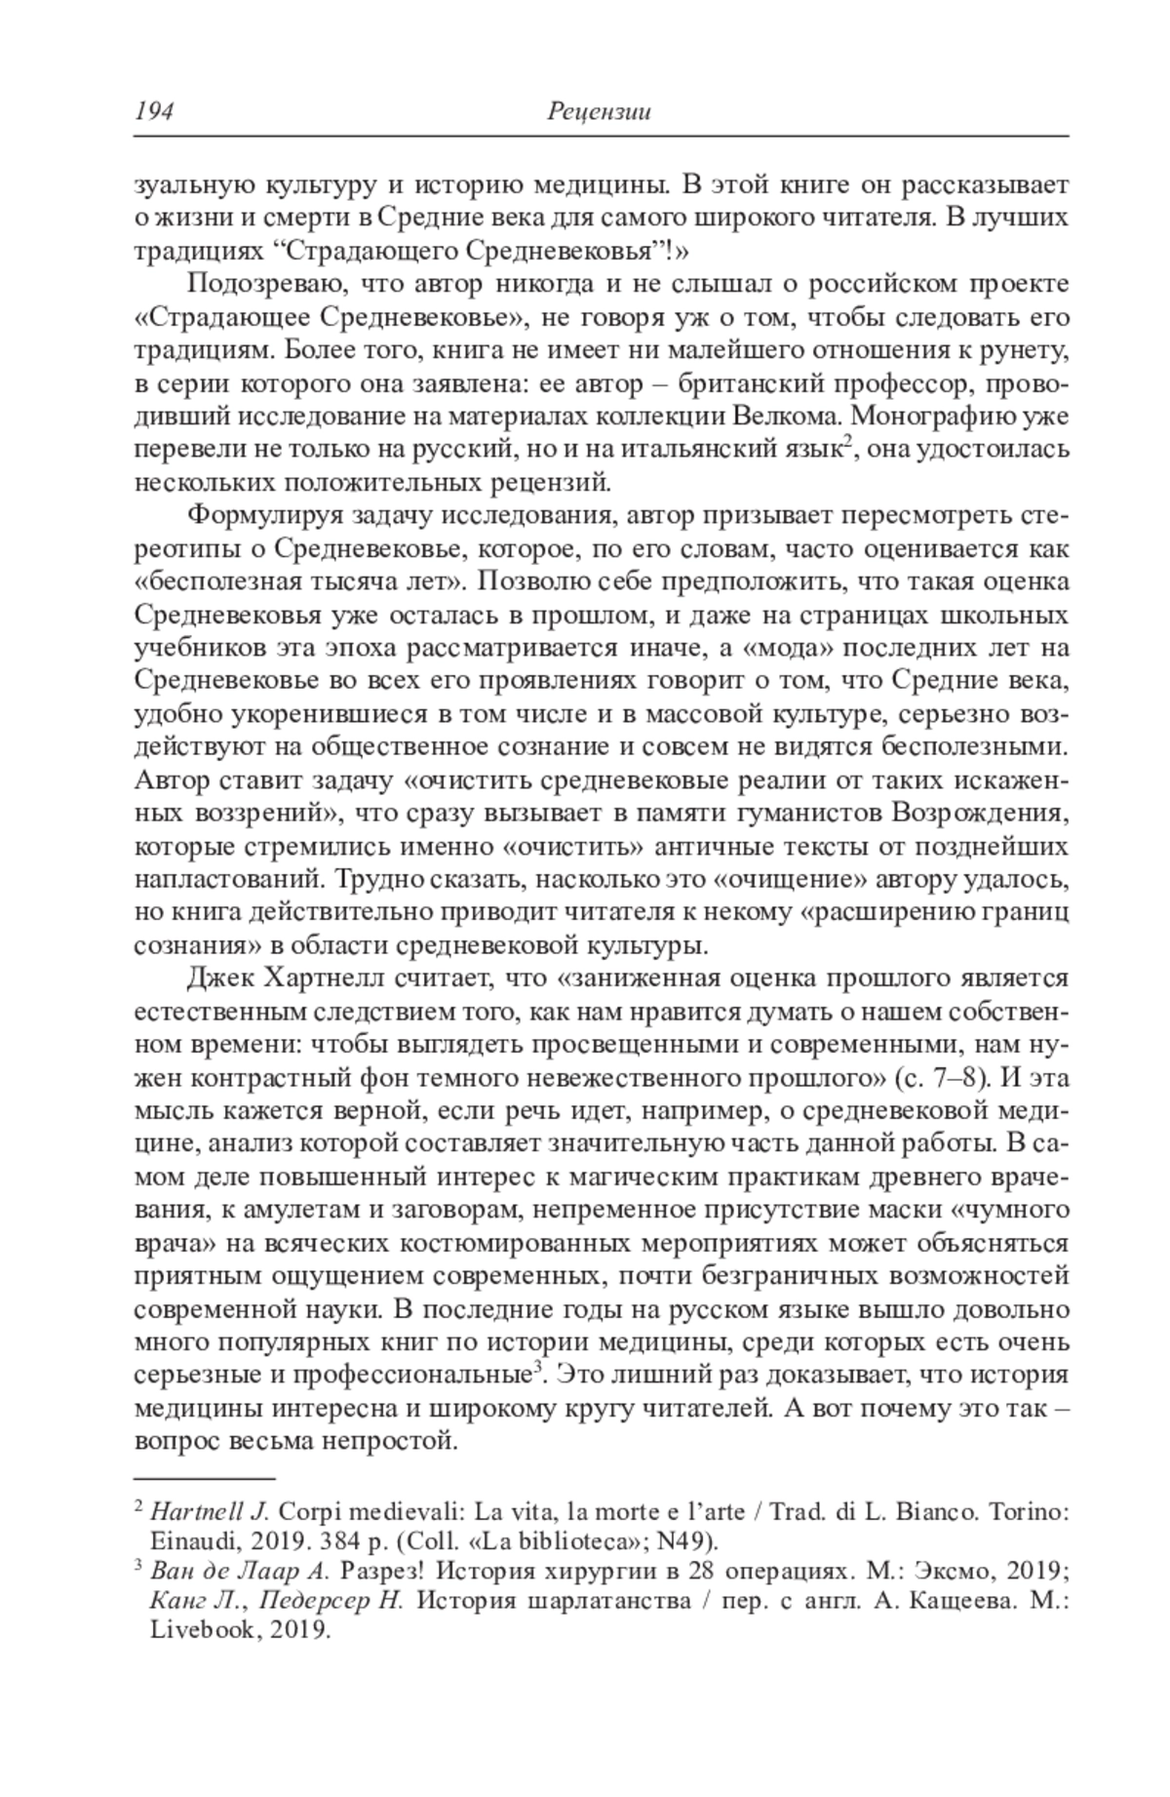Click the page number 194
click(x=153, y=112)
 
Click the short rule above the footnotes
click(x=204, y=1480)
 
